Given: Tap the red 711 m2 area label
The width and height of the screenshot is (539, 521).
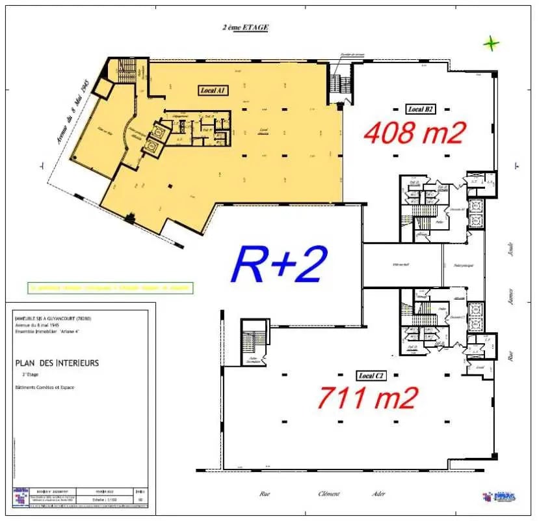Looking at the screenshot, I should click(367, 397).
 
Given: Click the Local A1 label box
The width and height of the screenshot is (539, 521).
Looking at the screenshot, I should click(212, 91).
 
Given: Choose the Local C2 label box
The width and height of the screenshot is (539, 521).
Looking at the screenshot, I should click(371, 376).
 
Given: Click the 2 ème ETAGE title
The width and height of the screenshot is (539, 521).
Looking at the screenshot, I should click(244, 27).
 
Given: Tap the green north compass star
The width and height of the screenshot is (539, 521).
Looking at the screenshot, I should click(492, 44).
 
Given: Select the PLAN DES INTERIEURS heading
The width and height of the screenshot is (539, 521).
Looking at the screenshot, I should click(57, 363).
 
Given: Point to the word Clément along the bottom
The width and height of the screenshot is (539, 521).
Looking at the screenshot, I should click(328, 494).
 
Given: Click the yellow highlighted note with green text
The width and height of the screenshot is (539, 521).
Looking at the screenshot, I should click(111, 287).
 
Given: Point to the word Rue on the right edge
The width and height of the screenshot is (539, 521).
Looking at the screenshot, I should click(511, 356).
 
